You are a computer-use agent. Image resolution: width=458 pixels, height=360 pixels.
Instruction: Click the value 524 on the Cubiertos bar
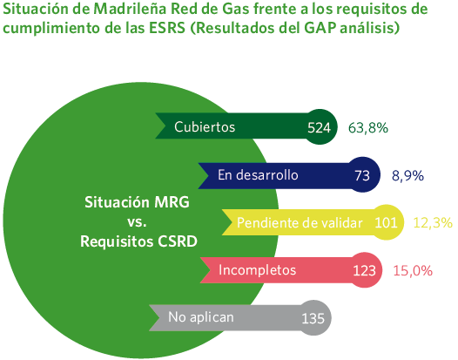pyautogui.click(x=320, y=127)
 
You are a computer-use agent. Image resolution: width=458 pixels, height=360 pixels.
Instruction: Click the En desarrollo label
pyautogui.click(x=257, y=175)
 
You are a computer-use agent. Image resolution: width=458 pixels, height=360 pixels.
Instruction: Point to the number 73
pyautogui.click(x=362, y=175)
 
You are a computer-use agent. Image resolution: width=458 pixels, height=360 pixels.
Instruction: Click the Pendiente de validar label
pyautogui.click(x=299, y=223)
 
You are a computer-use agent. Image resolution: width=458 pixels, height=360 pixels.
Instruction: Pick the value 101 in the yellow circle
pyautogui.click(x=386, y=223)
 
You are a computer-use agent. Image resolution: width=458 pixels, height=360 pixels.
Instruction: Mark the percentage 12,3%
pyautogui.click(x=432, y=223)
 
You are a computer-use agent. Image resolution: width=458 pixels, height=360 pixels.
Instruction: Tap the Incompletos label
pyautogui.click(x=258, y=270)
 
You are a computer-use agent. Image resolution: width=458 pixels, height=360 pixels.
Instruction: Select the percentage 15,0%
pyautogui.click(x=413, y=270)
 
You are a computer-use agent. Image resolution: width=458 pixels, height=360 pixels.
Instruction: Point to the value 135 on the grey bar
pyautogui.click(x=312, y=318)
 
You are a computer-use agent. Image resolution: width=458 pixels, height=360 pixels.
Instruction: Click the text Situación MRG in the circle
pyautogui.click(x=137, y=201)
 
